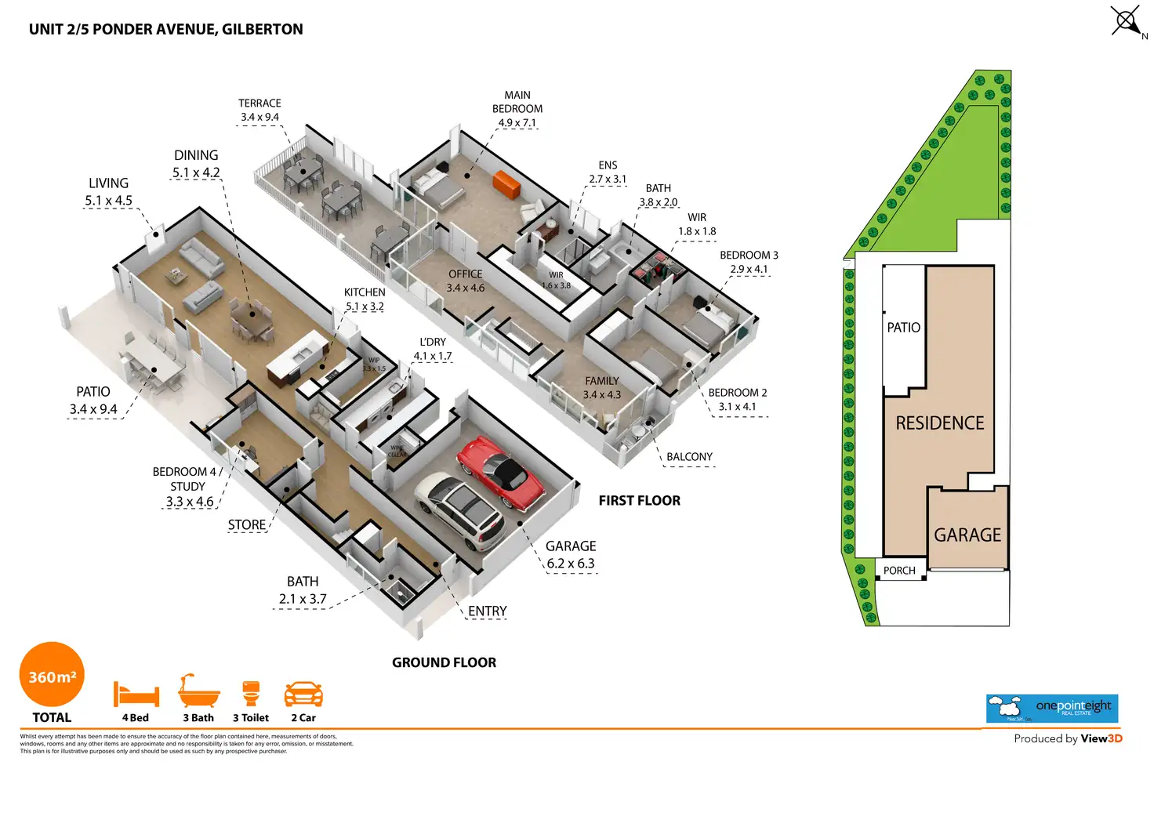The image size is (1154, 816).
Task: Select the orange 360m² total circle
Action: click(x=52, y=675)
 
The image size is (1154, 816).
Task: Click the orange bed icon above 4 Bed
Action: click(x=136, y=695)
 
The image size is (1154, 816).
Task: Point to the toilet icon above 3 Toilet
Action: click(x=251, y=694)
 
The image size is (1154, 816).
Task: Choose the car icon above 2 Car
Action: click(x=303, y=695)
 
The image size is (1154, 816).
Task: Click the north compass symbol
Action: click(x=1127, y=20)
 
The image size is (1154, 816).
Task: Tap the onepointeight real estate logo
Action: click(x=1051, y=708)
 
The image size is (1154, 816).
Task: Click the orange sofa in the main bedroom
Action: click(x=506, y=186)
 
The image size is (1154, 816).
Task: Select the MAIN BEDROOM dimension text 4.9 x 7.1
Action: click(x=517, y=123)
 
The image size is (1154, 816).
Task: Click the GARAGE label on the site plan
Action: click(x=967, y=535)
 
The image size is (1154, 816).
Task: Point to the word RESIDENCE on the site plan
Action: click(x=940, y=423)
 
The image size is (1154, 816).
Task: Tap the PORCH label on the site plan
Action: click(x=899, y=571)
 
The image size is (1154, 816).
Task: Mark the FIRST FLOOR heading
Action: click(x=639, y=501)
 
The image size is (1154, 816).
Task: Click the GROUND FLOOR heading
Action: click(x=444, y=662)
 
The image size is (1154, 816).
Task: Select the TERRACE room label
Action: click(x=259, y=103)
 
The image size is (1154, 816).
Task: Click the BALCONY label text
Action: click(x=689, y=457)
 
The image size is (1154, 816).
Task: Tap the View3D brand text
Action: click(x=1101, y=738)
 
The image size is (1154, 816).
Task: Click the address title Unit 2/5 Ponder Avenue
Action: click(x=165, y=30)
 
